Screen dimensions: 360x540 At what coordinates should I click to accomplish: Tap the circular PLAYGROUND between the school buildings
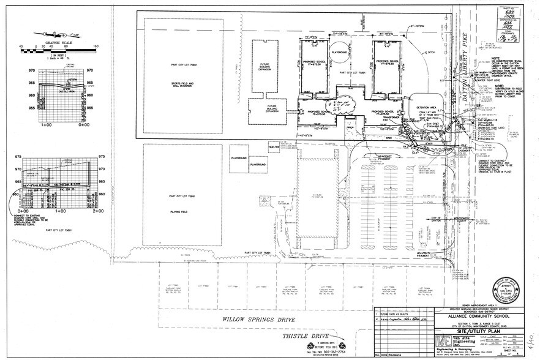coord(339,54)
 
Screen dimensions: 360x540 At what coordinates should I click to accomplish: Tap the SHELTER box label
coord(275,147)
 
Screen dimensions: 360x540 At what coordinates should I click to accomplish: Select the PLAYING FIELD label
coord(182,208)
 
